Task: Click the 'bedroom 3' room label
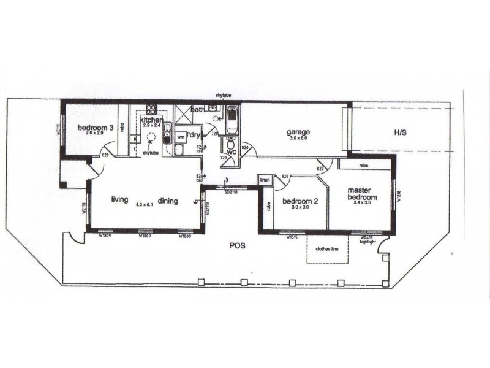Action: click(96, 128)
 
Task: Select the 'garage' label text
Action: click(298, 132)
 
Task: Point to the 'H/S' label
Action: click(400, 132)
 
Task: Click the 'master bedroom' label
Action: click(361, 193)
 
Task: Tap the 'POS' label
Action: click(238, 246)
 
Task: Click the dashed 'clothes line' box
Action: click(327, 250)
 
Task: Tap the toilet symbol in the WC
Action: click(232, 145)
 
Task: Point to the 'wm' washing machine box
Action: click(181, 138)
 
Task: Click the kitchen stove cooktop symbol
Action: click(152, 110)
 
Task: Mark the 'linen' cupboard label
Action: click(265, 180)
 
